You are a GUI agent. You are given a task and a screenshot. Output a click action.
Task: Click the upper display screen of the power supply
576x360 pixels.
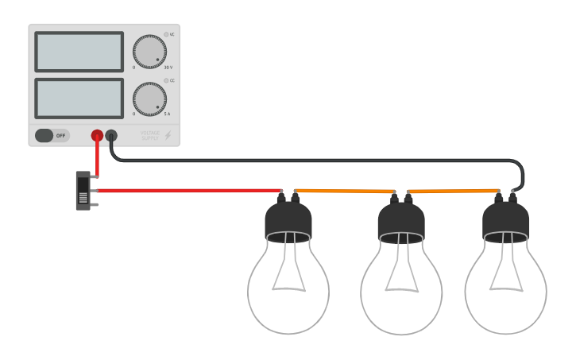coord(79,52)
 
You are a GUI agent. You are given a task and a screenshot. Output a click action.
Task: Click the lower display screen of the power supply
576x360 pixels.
coord(79,98)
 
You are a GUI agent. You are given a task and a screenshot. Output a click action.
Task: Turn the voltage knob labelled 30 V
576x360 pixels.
coord(149,52)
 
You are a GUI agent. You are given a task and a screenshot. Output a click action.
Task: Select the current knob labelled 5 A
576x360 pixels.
coord(149,99)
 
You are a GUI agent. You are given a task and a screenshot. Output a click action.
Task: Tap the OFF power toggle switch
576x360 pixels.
coord(52,135)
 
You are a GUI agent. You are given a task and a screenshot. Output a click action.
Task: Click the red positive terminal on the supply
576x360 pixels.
coord(97,136)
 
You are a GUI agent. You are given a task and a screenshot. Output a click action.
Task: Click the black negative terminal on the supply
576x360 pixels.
coord(111,136)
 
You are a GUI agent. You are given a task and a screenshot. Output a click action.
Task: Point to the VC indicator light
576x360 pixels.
coord(166,34)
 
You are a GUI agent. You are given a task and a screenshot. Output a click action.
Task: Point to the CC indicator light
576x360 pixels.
coord(166,80)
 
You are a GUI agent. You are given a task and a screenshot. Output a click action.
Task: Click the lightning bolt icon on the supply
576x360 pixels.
coord(168,136)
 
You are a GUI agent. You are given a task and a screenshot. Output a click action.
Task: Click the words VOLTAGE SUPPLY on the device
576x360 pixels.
coord(150,136)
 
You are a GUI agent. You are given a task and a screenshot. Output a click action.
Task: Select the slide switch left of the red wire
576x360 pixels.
coord(83,191)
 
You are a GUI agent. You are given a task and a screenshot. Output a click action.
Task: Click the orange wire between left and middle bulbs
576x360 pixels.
coord(346,191)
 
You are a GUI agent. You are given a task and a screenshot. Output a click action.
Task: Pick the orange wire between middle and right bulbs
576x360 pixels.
coord(453,191)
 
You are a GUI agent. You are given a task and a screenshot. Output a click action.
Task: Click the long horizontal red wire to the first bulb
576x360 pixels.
coord(191,191)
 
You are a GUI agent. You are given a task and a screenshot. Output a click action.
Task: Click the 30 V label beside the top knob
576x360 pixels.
coord(168,67)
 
